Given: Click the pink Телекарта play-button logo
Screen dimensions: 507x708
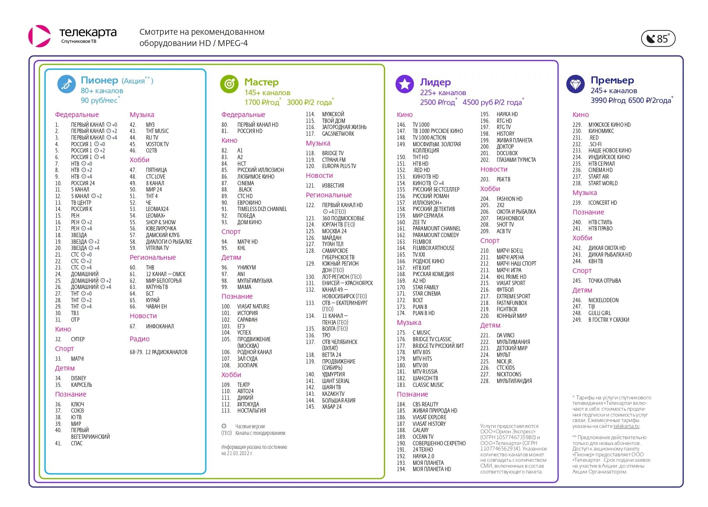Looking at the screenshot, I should click(x=39, y=36).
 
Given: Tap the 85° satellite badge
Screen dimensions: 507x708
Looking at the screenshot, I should click(x=658, y=39).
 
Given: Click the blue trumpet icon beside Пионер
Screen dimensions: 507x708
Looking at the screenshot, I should click(x=66, y=84).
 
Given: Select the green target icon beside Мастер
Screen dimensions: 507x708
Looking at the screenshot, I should click(x=229, y=84).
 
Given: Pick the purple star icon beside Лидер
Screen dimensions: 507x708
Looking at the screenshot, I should click(x=405, y=84).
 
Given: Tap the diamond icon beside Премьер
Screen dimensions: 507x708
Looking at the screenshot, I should click(x=575, y=84).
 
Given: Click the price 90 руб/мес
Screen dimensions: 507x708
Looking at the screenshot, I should click(x=99, y=100).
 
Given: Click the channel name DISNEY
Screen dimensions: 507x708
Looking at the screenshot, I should click(x=78, y=378).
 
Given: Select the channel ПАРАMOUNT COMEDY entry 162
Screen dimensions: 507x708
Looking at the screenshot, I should click(x=436, y=235).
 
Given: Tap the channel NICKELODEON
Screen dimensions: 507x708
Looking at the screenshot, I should click(x=603, y=300).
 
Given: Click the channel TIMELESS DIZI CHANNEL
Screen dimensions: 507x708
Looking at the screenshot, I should click(x=262, y=209).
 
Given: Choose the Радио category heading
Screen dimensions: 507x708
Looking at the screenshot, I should click(x=139, y=339).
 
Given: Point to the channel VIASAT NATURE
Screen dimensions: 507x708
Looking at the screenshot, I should click(x=253, y=307).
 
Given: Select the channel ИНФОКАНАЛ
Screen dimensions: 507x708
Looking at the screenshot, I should click(x=160, y=326).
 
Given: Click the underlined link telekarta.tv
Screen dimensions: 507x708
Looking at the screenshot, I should click(x=626, y=426).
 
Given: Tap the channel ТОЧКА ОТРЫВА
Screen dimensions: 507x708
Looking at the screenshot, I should click(x=605, y=281).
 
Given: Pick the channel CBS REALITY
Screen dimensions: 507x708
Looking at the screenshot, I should click(x=425, y=404).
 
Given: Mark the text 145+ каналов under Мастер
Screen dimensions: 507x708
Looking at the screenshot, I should click(x=268, y=92).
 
